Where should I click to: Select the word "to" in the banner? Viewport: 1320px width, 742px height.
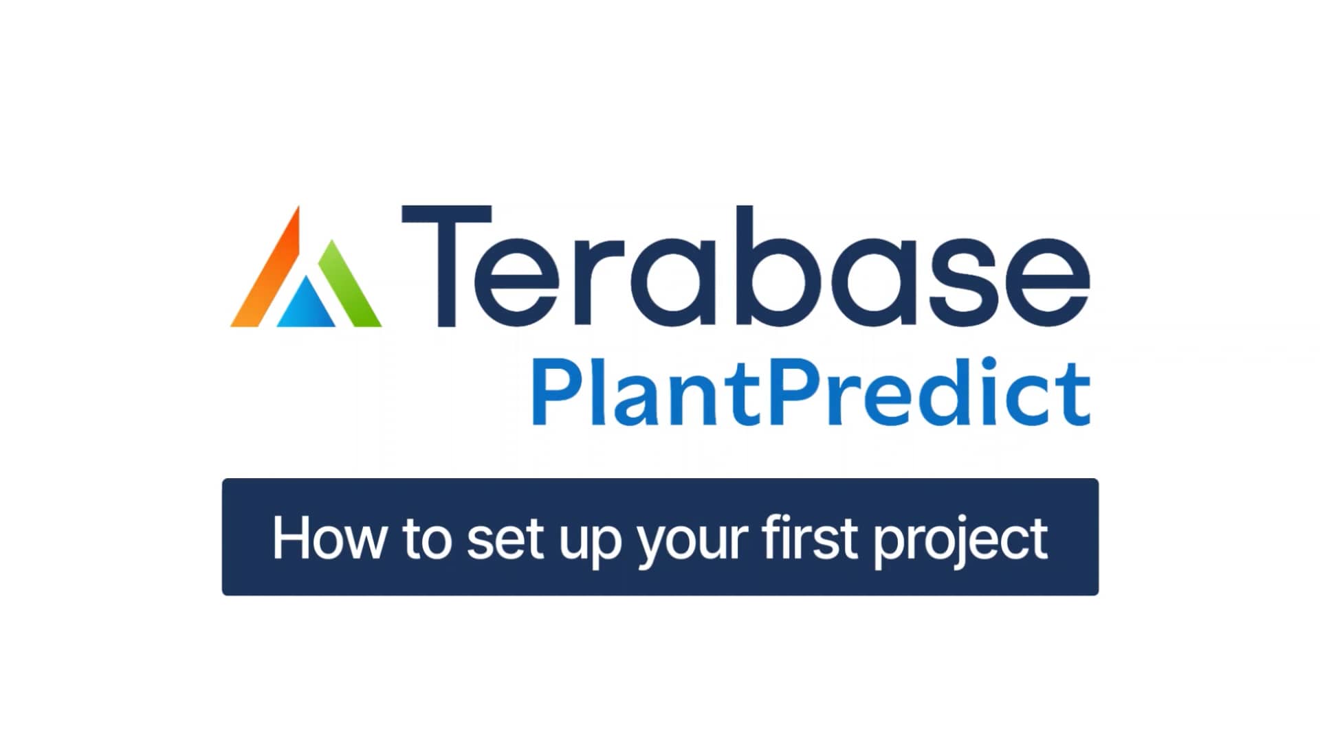point(426,539)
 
